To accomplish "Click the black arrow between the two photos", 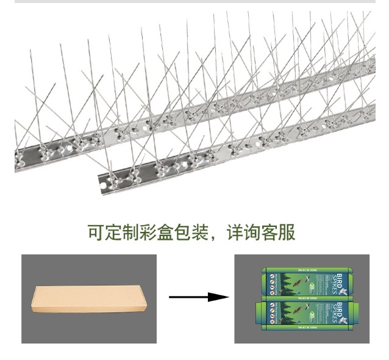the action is [x=193, y=297].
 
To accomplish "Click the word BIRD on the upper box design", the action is [x=332, y=278].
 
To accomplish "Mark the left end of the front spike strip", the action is [x=102, y=179].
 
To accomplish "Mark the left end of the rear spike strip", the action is [x=18, y=156].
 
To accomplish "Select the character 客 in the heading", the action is [x=266, y=232].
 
